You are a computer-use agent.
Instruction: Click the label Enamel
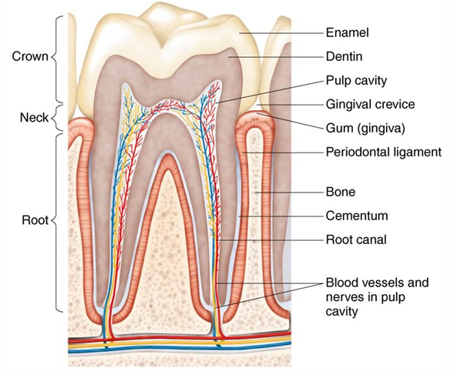(348, 33)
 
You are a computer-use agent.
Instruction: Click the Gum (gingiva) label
(365, 127)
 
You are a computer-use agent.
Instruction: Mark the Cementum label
(356, 216)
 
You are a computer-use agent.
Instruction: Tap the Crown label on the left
(28, 56)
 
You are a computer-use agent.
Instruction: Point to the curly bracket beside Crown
(56, 56)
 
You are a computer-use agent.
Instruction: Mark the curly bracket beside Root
(56, 221)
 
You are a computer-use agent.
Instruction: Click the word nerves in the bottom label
(344, 297)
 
